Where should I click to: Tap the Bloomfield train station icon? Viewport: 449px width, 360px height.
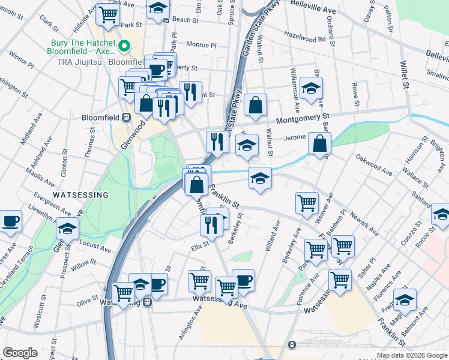[127, 117]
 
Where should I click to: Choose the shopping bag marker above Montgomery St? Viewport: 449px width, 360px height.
[256, 104]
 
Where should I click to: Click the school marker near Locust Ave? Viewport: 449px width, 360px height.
[68, 228]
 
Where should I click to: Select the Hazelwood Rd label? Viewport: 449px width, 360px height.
[309, 37]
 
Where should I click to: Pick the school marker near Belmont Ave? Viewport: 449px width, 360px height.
[405, 299]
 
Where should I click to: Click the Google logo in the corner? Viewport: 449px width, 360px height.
[20, 353]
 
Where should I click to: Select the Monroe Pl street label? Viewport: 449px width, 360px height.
[201, 44]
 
